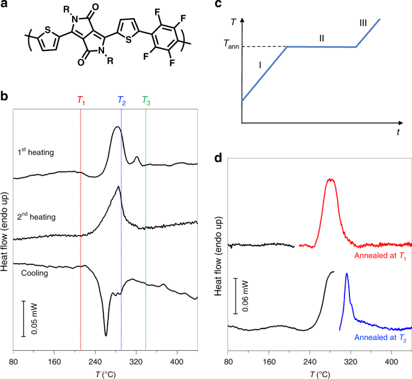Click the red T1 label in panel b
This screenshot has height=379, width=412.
82,101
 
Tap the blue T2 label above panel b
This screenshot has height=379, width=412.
121,101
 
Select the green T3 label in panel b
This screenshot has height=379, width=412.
146,101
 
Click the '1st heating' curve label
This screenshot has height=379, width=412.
35,153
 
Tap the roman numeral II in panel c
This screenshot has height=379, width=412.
322,38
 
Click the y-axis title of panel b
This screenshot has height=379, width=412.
5,230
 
